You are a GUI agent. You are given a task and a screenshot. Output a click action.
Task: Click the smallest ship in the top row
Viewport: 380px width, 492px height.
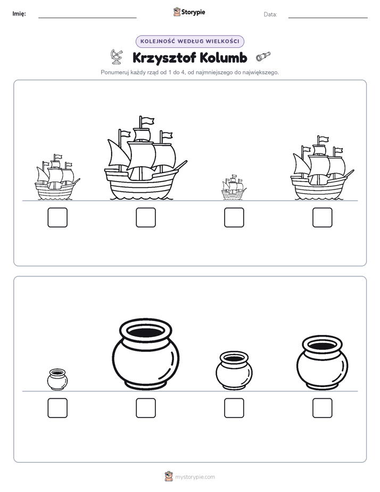point(234,187)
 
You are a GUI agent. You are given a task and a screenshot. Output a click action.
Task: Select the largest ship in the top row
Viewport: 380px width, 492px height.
point(145,159)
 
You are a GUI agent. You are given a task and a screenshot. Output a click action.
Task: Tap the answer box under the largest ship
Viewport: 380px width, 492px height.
point(146,217)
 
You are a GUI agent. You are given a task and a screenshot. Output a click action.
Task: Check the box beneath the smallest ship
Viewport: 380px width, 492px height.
point(234,217)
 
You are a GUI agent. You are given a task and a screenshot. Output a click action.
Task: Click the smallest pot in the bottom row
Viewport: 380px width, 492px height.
point(57,379)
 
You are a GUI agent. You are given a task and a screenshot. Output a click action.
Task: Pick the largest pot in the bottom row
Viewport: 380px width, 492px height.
point(146,354)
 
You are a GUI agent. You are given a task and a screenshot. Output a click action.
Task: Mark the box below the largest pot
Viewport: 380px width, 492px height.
point(146,408)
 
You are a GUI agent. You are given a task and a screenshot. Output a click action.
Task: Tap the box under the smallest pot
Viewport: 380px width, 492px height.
point(57,408)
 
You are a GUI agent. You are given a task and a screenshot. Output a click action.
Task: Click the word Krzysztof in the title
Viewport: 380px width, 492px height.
point(164,58)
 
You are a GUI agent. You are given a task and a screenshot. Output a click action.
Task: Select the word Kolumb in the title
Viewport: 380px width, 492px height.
point(223,58)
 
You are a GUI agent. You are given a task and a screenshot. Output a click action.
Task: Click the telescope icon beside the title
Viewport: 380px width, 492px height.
point(263,56)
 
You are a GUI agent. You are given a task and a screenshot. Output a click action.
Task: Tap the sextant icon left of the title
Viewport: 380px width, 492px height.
point(117,57)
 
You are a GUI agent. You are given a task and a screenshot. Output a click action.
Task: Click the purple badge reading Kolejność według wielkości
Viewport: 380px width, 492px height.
point(189,42)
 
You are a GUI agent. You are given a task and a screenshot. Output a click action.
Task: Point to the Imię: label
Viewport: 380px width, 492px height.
point(19,13)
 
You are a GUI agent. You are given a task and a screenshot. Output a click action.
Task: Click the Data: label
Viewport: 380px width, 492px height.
point(270,14)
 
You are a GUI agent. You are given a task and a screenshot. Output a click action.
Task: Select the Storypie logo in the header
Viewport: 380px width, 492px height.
point(189,12)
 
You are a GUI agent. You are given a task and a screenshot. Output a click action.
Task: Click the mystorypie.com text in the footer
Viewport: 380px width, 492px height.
point(195,477)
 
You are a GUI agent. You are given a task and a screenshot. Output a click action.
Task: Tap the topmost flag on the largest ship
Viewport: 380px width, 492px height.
point(146,120)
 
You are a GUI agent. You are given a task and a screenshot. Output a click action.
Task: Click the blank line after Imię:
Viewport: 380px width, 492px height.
point(87,18)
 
